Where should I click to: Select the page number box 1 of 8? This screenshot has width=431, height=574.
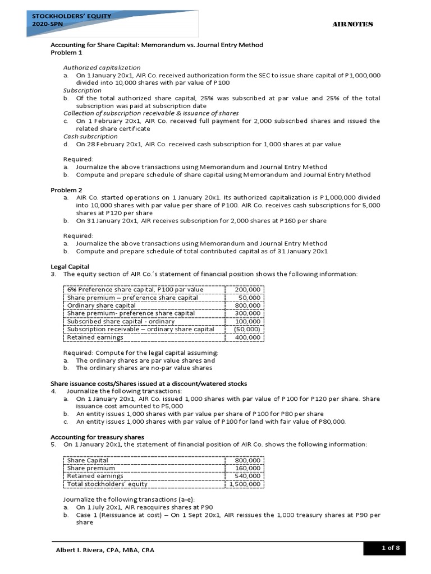(x=388, y=548)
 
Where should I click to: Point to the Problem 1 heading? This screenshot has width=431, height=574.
(x=66, y=53)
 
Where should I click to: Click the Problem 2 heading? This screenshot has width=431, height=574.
(x=66, y=190)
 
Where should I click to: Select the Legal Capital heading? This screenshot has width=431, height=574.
(x=70, y=266)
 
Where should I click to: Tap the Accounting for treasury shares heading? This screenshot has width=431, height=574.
(x=97, y=437)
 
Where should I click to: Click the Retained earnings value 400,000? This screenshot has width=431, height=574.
(x=247, y=337)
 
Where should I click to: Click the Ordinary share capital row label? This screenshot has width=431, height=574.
(x=101, y=305)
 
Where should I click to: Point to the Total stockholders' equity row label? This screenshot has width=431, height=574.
(x=107, y=484)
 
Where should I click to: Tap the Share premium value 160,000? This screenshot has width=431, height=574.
(x=247, y=468)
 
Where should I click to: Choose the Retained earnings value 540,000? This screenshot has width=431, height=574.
(x=247, y=476)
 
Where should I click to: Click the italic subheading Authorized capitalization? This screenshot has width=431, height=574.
(x=102, y=67)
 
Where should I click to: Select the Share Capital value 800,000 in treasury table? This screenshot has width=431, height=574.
(x=247, y=460)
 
